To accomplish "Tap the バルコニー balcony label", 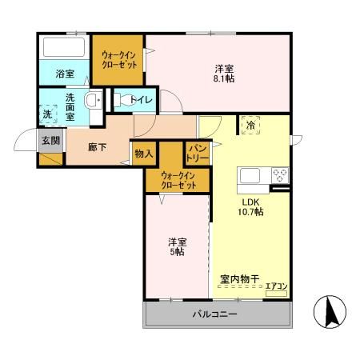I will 214,314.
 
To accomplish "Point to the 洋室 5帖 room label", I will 176,246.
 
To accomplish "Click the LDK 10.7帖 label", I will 250,207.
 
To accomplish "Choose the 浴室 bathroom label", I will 64,74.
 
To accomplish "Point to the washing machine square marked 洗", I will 48,114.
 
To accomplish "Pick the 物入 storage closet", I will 144,152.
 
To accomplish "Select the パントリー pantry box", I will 198,153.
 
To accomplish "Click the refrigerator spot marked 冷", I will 251,126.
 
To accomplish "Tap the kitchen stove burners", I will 280,175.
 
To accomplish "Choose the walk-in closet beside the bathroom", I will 117,59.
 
